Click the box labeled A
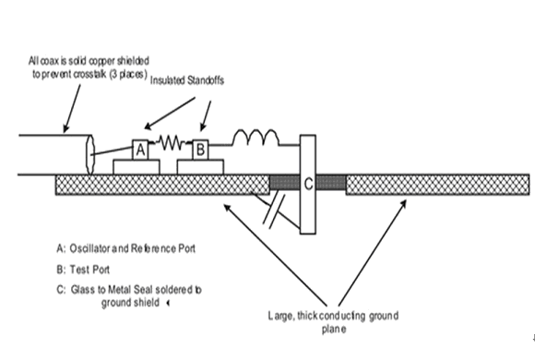(140, 150)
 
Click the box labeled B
(200, 150)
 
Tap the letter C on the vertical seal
(308, 184)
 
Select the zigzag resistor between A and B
(171, 142)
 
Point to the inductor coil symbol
(256, 138)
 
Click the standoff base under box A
(137, 167)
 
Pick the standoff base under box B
(200, 167)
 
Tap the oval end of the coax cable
(90, 154)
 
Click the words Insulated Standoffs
(187, 80)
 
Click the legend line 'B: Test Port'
(83, 270)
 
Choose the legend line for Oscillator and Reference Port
(125, 248)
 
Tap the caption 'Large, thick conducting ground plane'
(333, 322)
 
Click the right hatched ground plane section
(438, 185)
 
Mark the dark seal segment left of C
(285, 183)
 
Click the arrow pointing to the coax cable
(72, 108)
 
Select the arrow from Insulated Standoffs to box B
(206, 115)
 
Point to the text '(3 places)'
(128, 74)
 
